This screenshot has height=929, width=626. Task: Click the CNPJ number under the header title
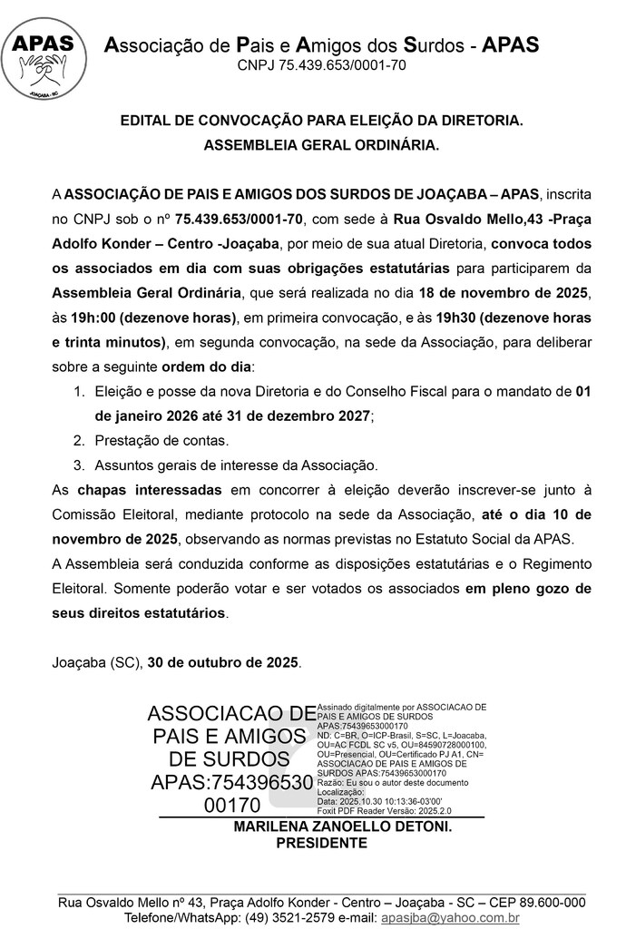(321, 65)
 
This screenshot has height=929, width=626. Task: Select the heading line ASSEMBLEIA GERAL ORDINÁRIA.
(321, 144)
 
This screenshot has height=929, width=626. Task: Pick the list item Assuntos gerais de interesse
(235, 464)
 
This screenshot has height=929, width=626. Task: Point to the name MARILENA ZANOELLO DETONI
(343, 827)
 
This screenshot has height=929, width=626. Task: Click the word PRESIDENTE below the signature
(321, 843)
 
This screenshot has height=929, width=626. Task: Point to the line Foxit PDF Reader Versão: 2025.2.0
(385, 810)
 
